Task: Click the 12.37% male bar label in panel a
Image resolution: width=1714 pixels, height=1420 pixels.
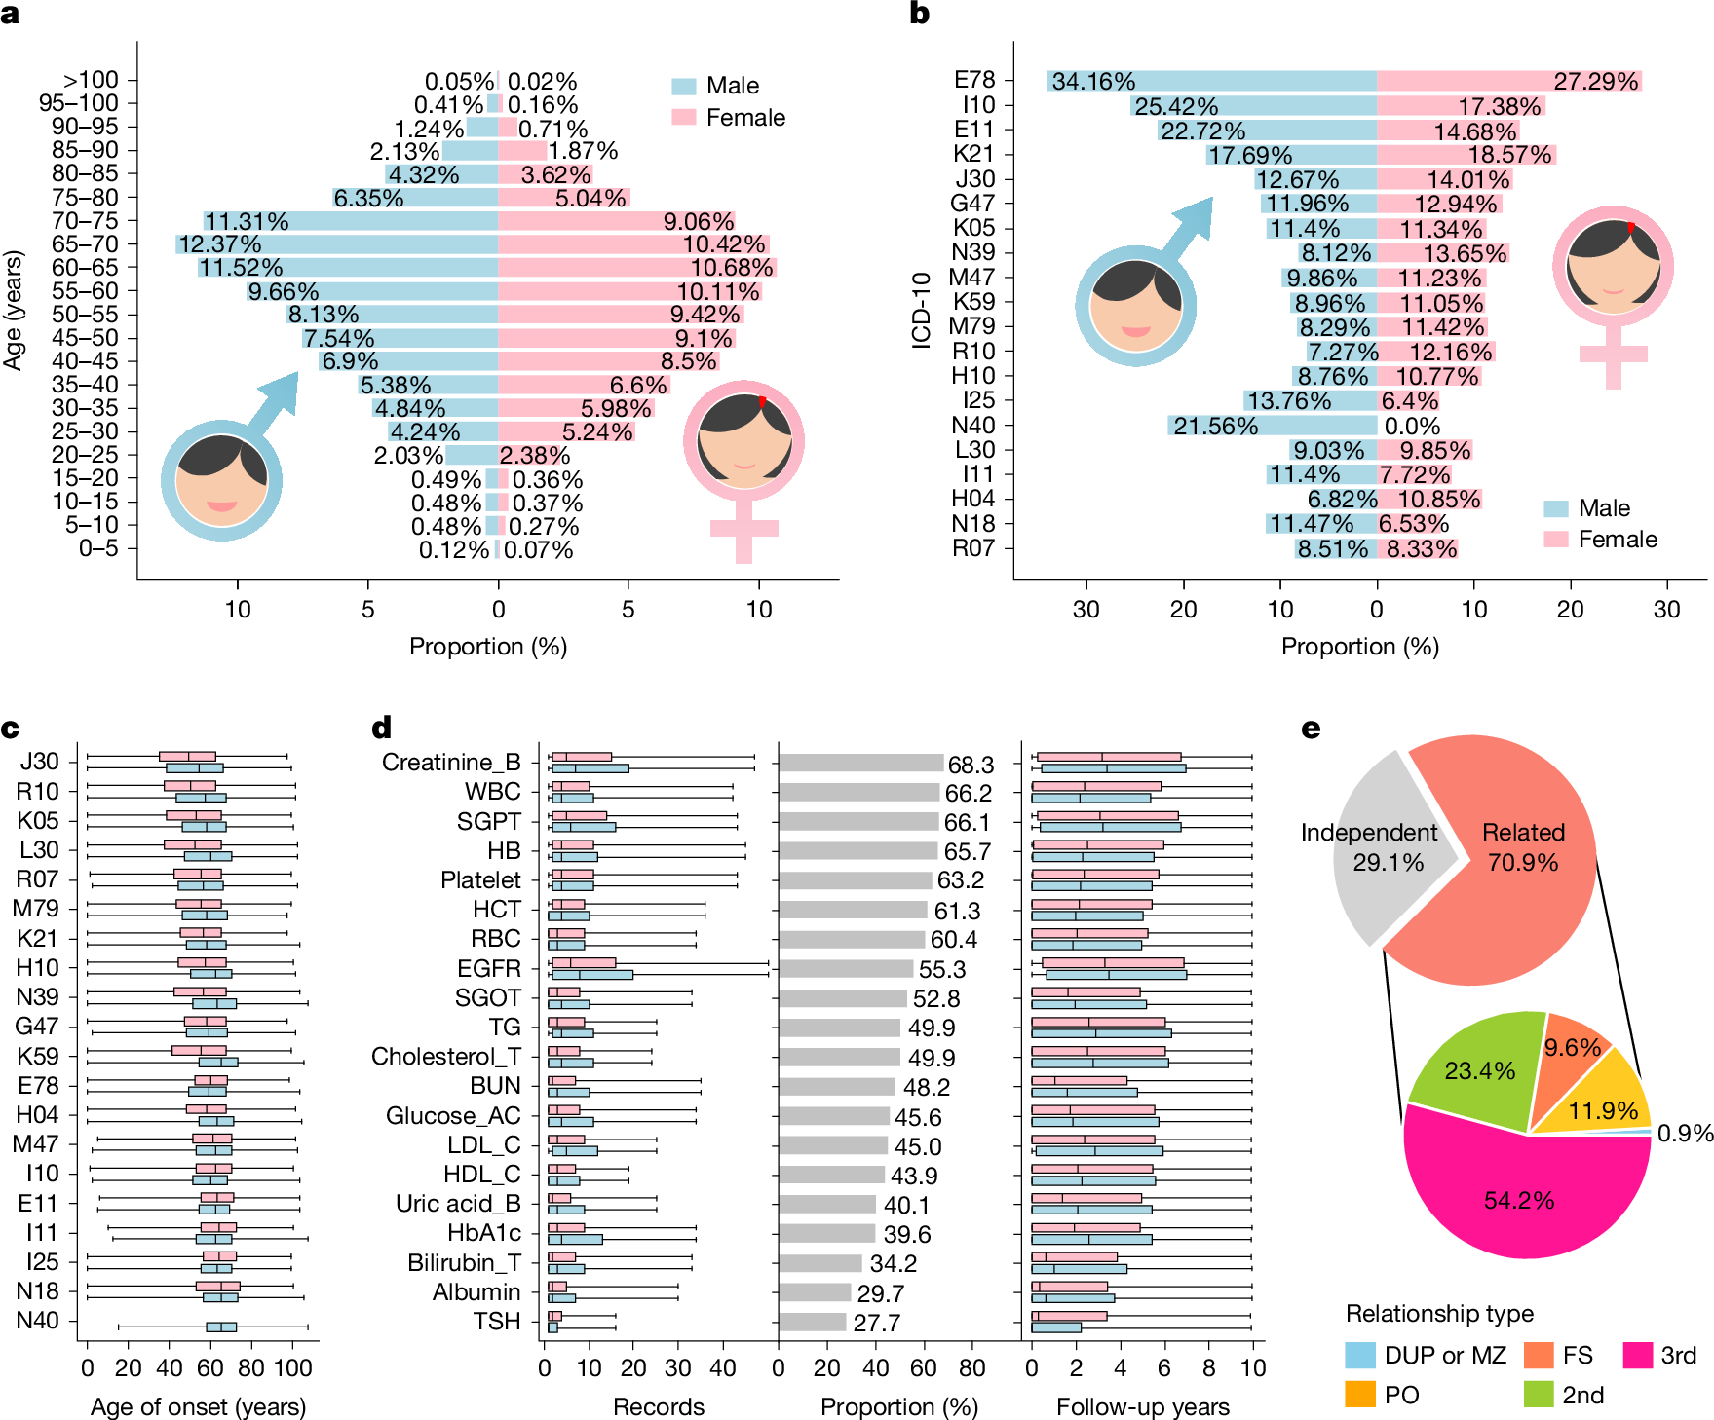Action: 219,244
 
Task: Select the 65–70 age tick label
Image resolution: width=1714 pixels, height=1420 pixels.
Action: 85,244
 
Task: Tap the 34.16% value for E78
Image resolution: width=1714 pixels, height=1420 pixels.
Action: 1093,81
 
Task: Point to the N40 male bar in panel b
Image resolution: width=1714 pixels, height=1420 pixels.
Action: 1272,426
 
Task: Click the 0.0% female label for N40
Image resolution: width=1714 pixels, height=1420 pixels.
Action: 1412,426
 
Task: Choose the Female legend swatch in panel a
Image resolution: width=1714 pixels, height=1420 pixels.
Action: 684,118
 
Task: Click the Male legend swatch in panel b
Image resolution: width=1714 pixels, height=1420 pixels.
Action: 1556,508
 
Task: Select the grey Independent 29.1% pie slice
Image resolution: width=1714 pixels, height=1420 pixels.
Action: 1384,847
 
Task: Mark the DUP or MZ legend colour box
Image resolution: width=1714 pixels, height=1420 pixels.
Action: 1359,1355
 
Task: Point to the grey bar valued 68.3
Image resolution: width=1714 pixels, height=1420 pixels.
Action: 860,764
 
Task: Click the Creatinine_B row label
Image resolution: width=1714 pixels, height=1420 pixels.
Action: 451,762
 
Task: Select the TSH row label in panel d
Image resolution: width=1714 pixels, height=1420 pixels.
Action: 497,1322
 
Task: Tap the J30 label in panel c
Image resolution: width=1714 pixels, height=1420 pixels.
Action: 40,762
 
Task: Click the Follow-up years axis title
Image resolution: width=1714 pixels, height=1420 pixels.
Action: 1142,1406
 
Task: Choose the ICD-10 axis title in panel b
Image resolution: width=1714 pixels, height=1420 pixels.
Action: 921,310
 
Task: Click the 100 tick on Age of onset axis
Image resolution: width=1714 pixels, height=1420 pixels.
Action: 292,1367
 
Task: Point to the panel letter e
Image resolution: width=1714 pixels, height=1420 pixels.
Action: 1311,729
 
